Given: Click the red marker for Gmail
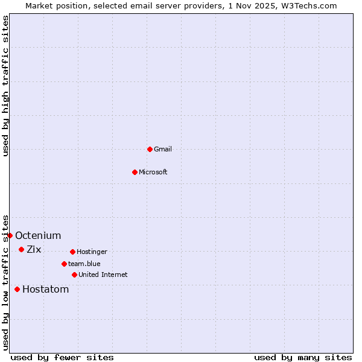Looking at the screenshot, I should pyautogui.click(x=150, y=149).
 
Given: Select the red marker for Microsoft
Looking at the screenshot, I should pyautogui.click(x=135, y=172).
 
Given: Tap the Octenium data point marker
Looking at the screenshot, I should pyautogui.click(x=10, y=235).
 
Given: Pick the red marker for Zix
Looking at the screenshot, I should pyautogui.click(x=21, y=249).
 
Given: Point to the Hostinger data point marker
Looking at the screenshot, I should pyautogui.click(x=72, y=252).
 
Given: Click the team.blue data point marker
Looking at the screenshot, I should pyautogui.click(x=64, y=264).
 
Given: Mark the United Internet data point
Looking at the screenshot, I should pyautogui.click(x=74, y=275).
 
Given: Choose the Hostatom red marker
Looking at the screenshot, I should pyautogui.click(x=17, y=289).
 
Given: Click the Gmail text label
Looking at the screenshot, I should pyautogui.click(x=163, y=149).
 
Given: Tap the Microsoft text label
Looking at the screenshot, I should pyautogui.click(x=153, y=172).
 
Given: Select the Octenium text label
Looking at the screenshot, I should pyautogui.click(x=38, y=235).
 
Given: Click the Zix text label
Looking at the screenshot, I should pyautogui.click(x=34, y=249).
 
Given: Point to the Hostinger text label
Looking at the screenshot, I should pyautogui.click(x=92, y=252).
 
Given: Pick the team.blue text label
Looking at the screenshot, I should pyautogui.click(x=84, y=264).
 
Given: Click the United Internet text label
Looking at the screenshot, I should pyautogui.click(x=103, y=275).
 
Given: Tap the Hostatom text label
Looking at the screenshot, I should pyautogui.click(x=45, y=289).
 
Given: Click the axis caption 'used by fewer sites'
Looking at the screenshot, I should pyautogui.click(x=62, y=357).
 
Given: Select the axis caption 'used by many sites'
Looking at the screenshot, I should pyautogui.click(x=303, y=357).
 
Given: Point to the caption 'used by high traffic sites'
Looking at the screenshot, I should pyautogui.click(x=5, y=86).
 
